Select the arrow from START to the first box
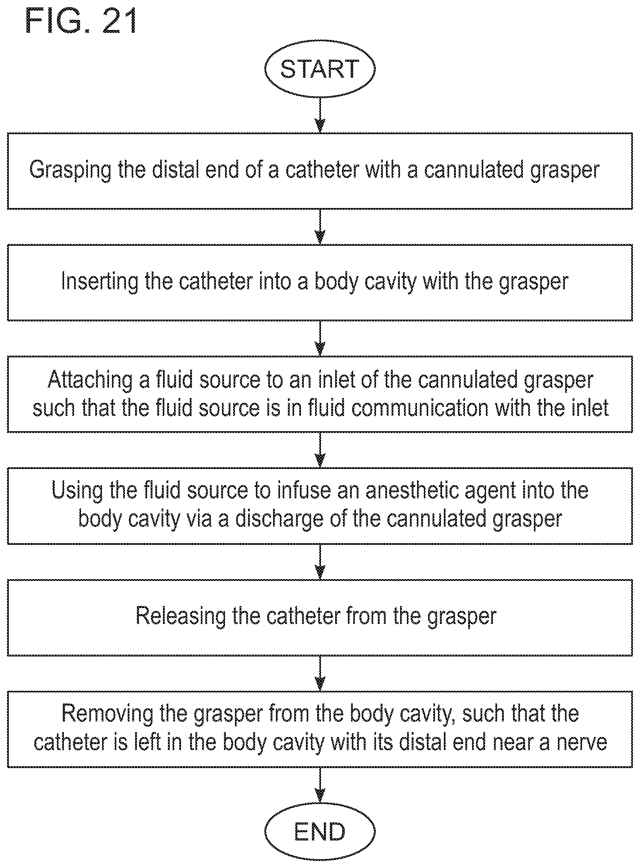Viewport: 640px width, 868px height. (320, 115)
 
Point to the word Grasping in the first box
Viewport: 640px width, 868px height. (70, 171)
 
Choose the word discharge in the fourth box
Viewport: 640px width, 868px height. (279, 519)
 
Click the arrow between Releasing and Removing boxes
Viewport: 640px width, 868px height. (320, 673)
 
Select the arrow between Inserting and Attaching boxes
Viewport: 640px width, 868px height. (320, 338)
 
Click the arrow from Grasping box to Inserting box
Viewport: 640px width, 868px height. (320, 227)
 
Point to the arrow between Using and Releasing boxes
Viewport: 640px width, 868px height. (320, 562)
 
